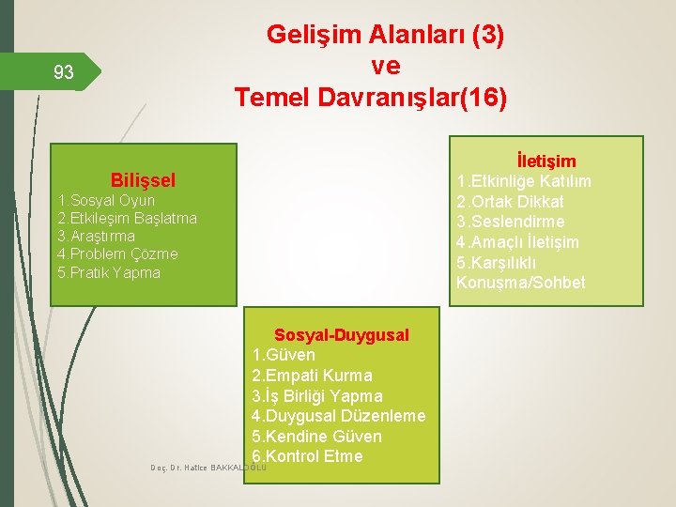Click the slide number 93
pos(64,73)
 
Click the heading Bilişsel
pos(143,179)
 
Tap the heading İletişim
pos(545,161)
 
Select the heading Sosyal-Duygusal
pos(341,335)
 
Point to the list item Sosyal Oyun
pos(106,200)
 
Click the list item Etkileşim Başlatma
pos(127,218)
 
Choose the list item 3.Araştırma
pos(96,236)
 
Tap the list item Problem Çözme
pos(117,253)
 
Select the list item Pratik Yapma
pos(109,272)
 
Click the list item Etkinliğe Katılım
pos(524,181)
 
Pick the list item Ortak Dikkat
pos(510,202)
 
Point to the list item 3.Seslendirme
pos(510,222)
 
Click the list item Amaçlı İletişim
pos(517,242)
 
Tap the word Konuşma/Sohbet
pos(520,283)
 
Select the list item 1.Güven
pos(284,355)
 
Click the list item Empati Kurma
pos(312,376)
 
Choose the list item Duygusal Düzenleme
pos(338,416)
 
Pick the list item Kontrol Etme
pos(307,456)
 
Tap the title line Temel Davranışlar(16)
pos(371,98)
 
